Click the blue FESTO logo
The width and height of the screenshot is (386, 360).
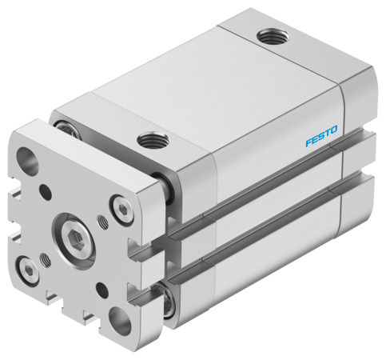tap(321, 135)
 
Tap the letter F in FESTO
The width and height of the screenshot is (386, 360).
tap(308, 142)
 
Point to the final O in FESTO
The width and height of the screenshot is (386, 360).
tap(335, 129)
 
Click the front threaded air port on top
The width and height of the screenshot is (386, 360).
tap(150, 141)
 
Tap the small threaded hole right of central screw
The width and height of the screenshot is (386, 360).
tap(101, 221)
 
